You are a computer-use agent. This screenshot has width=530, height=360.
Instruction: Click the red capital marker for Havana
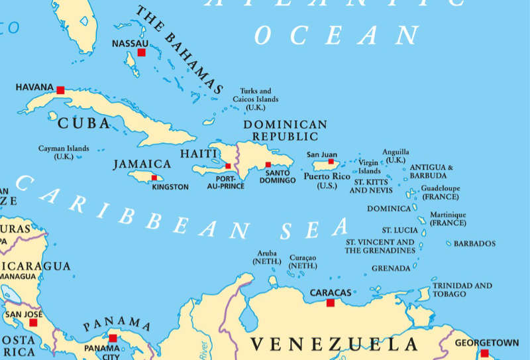(x=60, y=90)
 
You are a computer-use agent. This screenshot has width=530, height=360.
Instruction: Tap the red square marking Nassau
(x=141, y=52)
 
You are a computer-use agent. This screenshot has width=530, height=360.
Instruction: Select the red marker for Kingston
(x=154, y=178)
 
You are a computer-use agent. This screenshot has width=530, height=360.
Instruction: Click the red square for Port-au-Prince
(x=228, y=166)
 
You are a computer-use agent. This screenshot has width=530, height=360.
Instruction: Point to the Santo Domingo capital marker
(x=268, y=164)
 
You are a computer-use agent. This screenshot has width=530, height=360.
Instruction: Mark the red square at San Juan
(x=331, y=161)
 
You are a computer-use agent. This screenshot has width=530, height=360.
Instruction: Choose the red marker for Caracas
(x=331, y=303)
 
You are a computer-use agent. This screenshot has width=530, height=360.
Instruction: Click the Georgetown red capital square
(x=484, y=353)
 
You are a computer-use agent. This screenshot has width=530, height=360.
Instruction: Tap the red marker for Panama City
(x=113, y=338)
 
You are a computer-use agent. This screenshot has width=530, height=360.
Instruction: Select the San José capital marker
(x=33, y=322)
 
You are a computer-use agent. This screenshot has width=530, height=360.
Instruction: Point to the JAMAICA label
(x=142, y=163)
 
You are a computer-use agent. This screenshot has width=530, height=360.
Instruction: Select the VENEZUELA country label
(x=335, y=344)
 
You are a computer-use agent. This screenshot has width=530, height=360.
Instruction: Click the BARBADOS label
(x=474, y=244)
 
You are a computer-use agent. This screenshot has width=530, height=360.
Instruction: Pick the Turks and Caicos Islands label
(x=255, y=99)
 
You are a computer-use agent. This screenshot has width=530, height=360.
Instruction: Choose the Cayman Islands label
(x=64, y=152)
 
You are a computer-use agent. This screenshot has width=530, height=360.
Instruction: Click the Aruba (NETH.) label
(x=267, y=257)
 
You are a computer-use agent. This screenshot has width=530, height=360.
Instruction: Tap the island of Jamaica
(x=142, y=176)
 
